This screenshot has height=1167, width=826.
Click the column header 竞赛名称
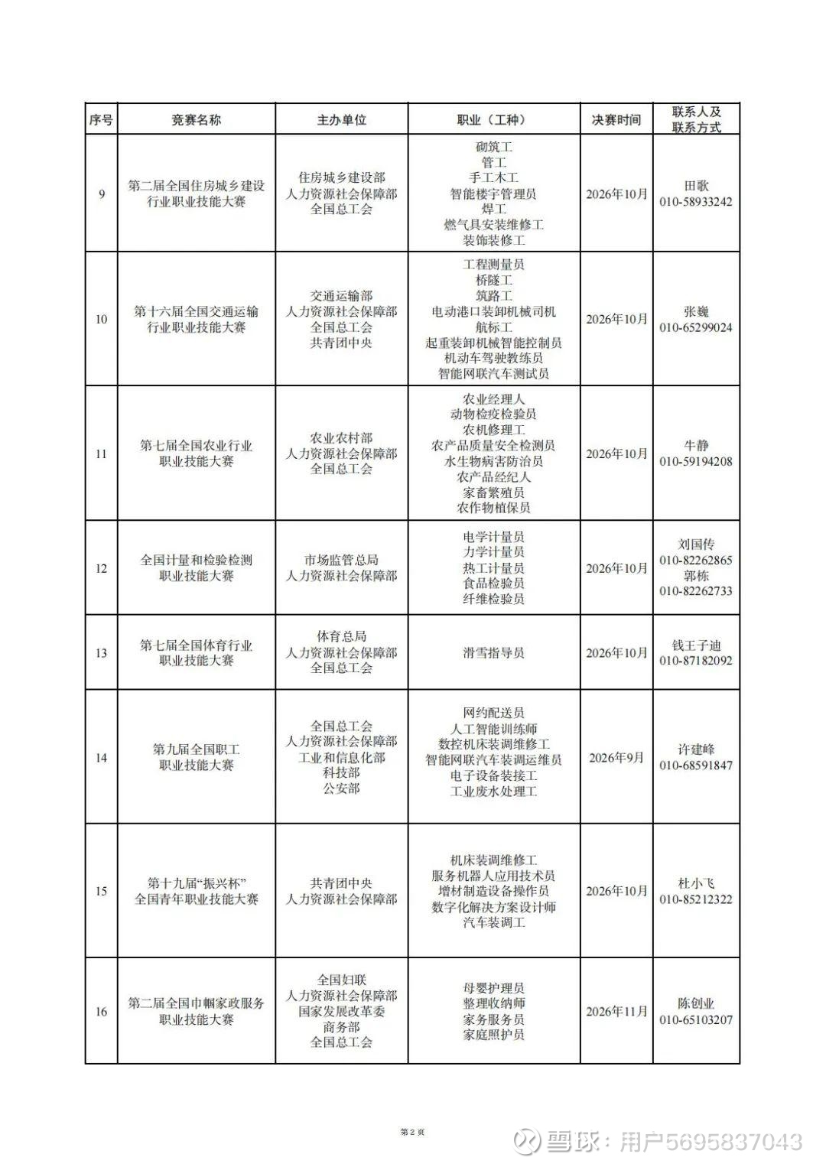pyautogui.click(x=196, y=120)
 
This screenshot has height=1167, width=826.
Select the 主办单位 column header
pyautogui.click(x=341, y=120)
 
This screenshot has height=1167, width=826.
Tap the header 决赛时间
pyautogui.click(x=616, y=120)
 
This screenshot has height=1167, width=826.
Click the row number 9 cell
pyautogui.click(x=102, y=194)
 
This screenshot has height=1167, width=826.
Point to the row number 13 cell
pyautogui.click(x=102, y=653)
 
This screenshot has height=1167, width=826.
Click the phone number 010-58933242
pyautogui.click(x=696, y=202)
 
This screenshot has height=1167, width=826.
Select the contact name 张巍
pyautogui.click(x=696, y=312)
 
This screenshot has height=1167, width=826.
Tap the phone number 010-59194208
pyautogui.click(x=696, y=462)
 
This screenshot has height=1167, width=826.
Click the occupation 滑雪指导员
pyautogui.click(x=493, y=653)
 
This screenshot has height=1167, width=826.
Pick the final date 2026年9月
pyautogui.click(x=616, y=758)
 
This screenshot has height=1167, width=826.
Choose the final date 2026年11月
pyautogui.click(x=616, y=1012)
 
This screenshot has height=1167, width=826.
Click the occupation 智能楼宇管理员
pyautogui.click(x=493, y=194)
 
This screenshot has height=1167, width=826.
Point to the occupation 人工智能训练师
pyautogui.click(x=493, y=729)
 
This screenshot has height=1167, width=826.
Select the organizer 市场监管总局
pyautogui.click(x=341, y=561)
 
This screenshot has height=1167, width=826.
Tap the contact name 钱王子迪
pyautogui.click(x=696, y=645)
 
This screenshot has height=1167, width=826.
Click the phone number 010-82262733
pyautogui.click(x=696, y=591)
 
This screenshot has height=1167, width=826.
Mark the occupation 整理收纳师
pyautogui.click(x=493, y=1003)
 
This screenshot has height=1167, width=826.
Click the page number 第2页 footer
pyautogui.click(x=412, y=1132)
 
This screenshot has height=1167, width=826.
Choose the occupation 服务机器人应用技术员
pyautogui.click(x=493, y=876)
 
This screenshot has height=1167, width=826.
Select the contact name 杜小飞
pyautogui.click(x=696, y=883)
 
